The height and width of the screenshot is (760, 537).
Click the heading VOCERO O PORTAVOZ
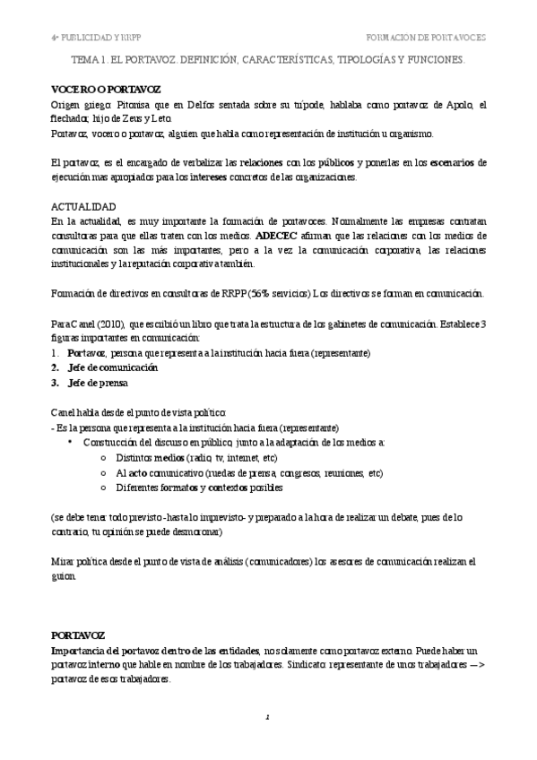[93, 91]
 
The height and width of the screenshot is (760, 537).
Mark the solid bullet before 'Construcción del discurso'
[70, 442]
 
